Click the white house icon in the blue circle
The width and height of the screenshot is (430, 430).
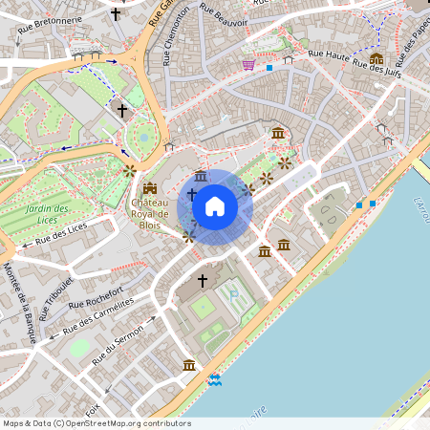[x=215, y=206]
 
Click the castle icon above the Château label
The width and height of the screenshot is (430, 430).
[x=149, y=188]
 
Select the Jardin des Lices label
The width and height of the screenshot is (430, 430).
[x=48, y=214]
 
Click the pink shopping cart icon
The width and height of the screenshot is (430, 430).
[x=248, y=65]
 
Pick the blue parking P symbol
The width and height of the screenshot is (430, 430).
[x=234, y=296]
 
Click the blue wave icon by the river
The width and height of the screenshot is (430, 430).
[x=215, y=380]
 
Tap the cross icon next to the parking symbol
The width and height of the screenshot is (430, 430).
[x=202, y=281]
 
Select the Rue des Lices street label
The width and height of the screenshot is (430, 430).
[x=61, y=233]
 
